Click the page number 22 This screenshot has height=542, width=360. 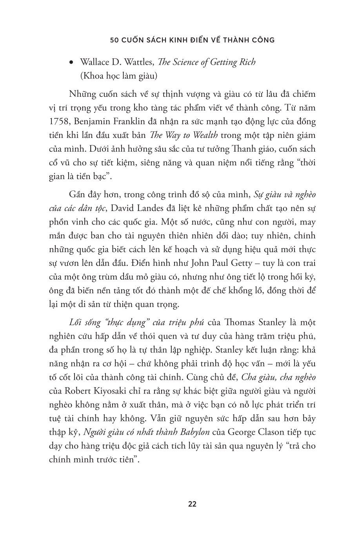[x=192, y=504]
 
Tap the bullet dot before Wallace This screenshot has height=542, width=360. [x=71, y=62]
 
